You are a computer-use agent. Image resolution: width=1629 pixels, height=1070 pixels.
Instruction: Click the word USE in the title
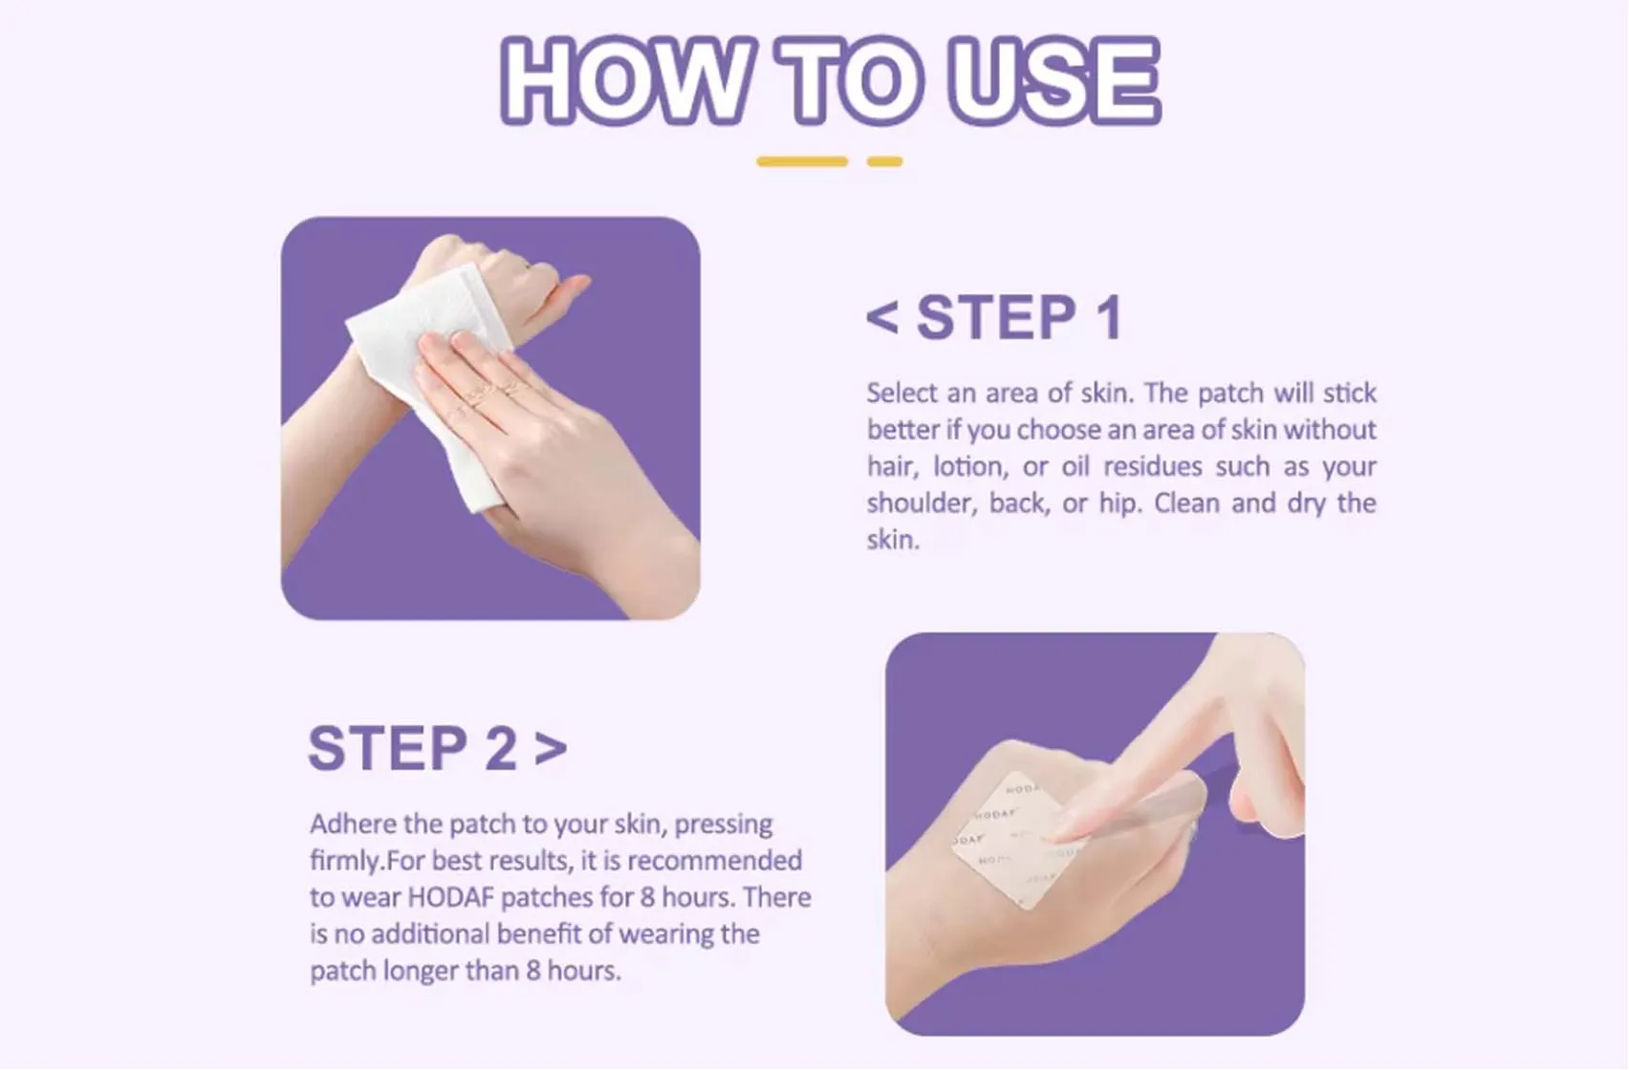click(1053, 81)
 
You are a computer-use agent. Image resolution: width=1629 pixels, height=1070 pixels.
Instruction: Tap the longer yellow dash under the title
click(801, 161)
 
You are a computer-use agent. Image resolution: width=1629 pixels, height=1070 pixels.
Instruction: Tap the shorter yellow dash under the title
click(884, 161)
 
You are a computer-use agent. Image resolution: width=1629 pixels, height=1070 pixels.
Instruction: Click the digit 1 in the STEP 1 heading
click(1109, 318)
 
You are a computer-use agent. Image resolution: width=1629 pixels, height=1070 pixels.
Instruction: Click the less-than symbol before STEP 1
click(881, 318)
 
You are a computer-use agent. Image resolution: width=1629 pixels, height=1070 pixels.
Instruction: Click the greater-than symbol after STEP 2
click(551, 748)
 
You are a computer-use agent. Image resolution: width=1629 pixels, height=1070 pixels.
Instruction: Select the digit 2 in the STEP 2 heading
click(500, 748)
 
